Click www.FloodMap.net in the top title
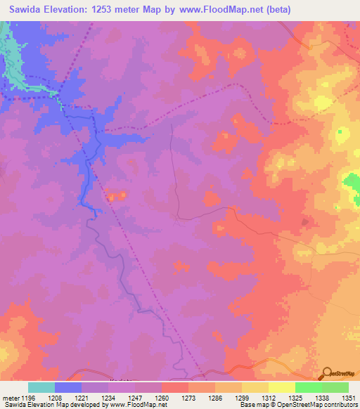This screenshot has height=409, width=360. [226, 9]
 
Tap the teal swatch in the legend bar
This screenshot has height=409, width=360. [41, 387]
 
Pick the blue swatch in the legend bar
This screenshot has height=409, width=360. [68, 387]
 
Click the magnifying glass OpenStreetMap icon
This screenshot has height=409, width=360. [327, 373]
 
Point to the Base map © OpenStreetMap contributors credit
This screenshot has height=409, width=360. [299, 405]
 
